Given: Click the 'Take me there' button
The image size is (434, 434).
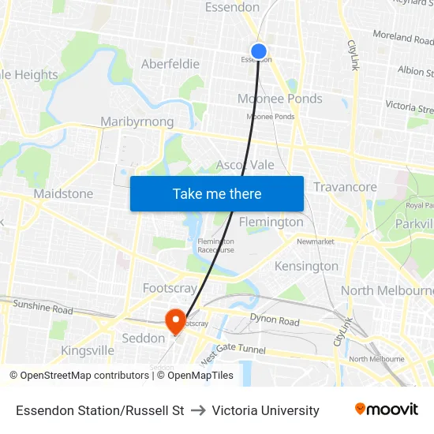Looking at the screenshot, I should coord(217,193).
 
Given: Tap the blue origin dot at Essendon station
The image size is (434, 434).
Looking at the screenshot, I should coord(258,51).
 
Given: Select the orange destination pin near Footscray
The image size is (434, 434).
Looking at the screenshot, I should coord(174,320).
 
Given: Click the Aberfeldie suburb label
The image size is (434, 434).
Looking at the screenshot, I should coord(170,64).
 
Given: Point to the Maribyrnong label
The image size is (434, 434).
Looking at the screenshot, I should coord(137,122).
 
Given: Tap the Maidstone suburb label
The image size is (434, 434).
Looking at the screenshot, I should coord(63,193).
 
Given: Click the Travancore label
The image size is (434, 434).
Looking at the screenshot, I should coord(345,187).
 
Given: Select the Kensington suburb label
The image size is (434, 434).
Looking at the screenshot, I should coord(306,266).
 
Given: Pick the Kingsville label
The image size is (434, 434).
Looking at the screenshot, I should coord(88,350).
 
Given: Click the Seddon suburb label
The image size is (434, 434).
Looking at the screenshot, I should coord(143,338).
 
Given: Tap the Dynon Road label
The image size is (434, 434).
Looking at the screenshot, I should coord(275,321).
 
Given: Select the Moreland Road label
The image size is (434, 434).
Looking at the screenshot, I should coord(402,37).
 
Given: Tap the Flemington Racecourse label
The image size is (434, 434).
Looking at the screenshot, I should coord(216,245).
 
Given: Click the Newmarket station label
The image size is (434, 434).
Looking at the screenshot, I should coord(316,241).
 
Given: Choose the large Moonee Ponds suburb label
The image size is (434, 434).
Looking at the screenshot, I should coord(280,99).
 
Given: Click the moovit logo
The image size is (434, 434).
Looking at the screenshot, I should coord(387,409).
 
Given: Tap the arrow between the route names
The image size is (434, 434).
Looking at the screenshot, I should coord(198,410).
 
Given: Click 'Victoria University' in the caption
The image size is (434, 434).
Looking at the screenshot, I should coord(265,410).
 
